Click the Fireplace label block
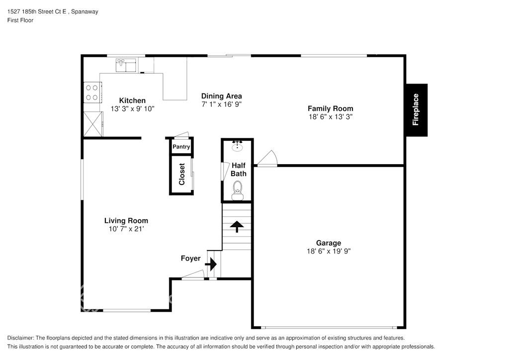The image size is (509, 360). point(417,110)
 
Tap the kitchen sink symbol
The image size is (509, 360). point(126,65)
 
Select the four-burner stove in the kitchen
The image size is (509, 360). point(92,92)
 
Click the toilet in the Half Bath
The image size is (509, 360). point(238,190)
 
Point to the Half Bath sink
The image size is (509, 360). point(238,146)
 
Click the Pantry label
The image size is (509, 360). point(181,147)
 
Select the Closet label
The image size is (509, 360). point(182,175)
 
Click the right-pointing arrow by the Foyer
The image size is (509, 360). point(211,264)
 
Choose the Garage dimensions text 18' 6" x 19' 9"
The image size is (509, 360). point(329,251)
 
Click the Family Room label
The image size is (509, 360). point(331,108)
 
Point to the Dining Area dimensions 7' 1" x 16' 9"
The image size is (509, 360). point(222,104)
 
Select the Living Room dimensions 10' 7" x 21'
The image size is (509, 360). point(126,229)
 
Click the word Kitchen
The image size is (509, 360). point(132,100)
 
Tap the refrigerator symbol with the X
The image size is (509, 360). point(93,124)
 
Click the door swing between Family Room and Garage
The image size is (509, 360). point(267,159)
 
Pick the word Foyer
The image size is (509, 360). point(190,259)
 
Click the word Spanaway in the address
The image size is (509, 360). point(85,12)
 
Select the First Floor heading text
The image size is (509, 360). point(20,20)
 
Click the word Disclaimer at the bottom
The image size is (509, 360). point(20,338)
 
